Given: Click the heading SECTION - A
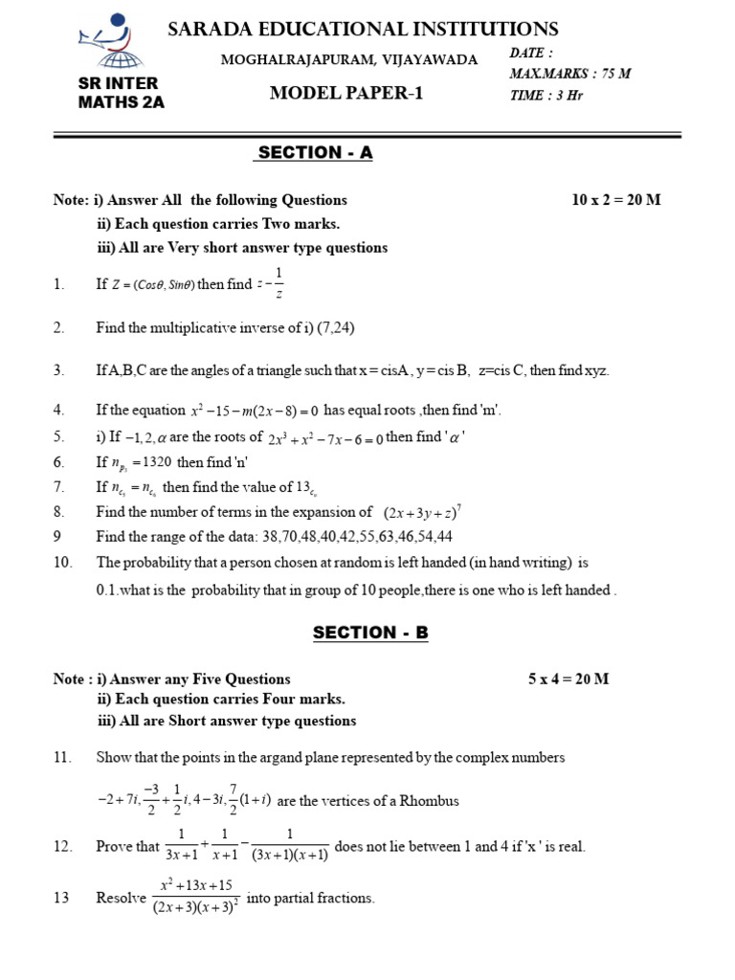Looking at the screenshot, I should (x=313, y=152).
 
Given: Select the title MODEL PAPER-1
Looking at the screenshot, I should (x=345, y=93).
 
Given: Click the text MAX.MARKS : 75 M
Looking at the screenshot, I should (x=570, y=73).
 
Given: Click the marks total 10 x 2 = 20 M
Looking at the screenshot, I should (x=616, y=200).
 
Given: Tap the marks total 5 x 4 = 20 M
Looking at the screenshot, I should (x=568, y=679).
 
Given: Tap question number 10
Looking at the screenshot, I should (x=63, y=563).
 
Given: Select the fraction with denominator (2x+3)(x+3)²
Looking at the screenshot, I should (x=196, y=896).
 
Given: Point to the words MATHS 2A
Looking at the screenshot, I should (x=121, y=102).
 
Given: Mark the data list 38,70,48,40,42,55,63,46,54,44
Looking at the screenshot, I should (x=352, y=537).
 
